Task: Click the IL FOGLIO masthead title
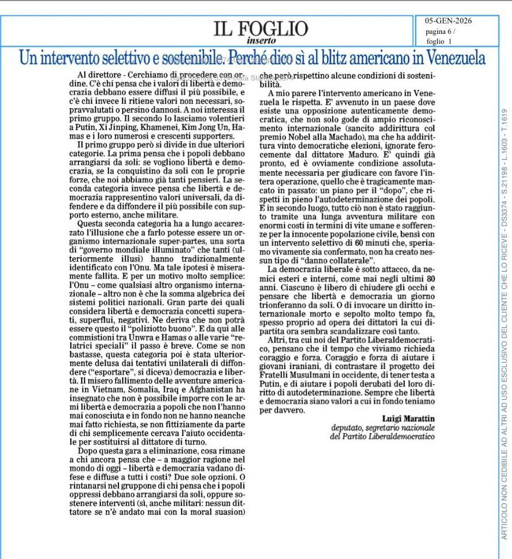click(261, 28)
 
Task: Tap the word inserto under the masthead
click(261, 40)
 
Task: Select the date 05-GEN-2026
click(448, 21)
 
